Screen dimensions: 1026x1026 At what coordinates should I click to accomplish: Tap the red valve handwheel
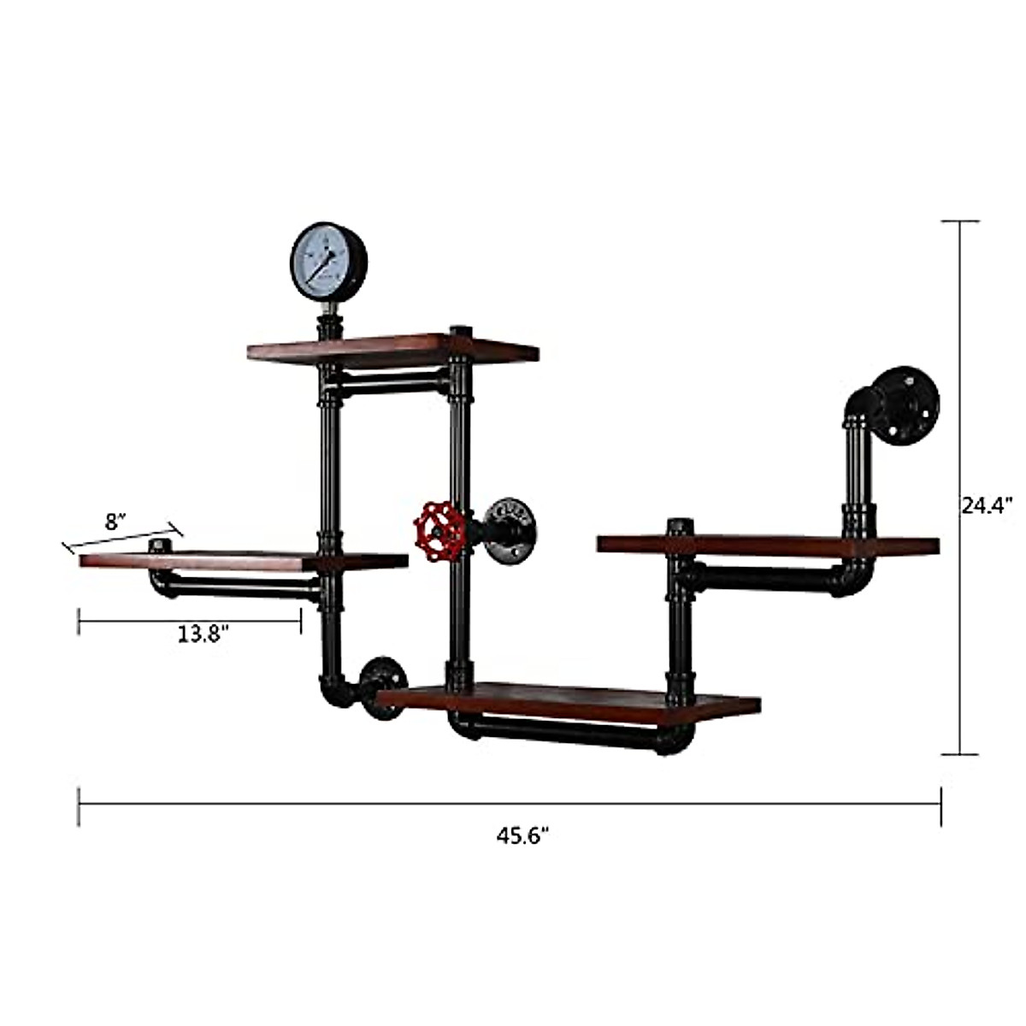[439, 532]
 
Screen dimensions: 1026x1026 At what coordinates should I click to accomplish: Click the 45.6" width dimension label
[522, 836]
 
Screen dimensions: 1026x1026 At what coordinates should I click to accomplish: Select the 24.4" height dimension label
[987, 505]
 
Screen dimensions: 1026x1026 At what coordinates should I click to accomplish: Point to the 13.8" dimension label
[204, 634]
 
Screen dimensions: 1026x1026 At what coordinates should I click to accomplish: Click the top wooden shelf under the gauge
[393, 349]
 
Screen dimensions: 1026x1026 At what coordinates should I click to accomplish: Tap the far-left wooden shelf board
[244, 561]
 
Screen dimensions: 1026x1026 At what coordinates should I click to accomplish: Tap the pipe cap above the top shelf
[461, 331]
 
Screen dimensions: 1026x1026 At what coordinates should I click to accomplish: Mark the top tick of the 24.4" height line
[959, 221]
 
